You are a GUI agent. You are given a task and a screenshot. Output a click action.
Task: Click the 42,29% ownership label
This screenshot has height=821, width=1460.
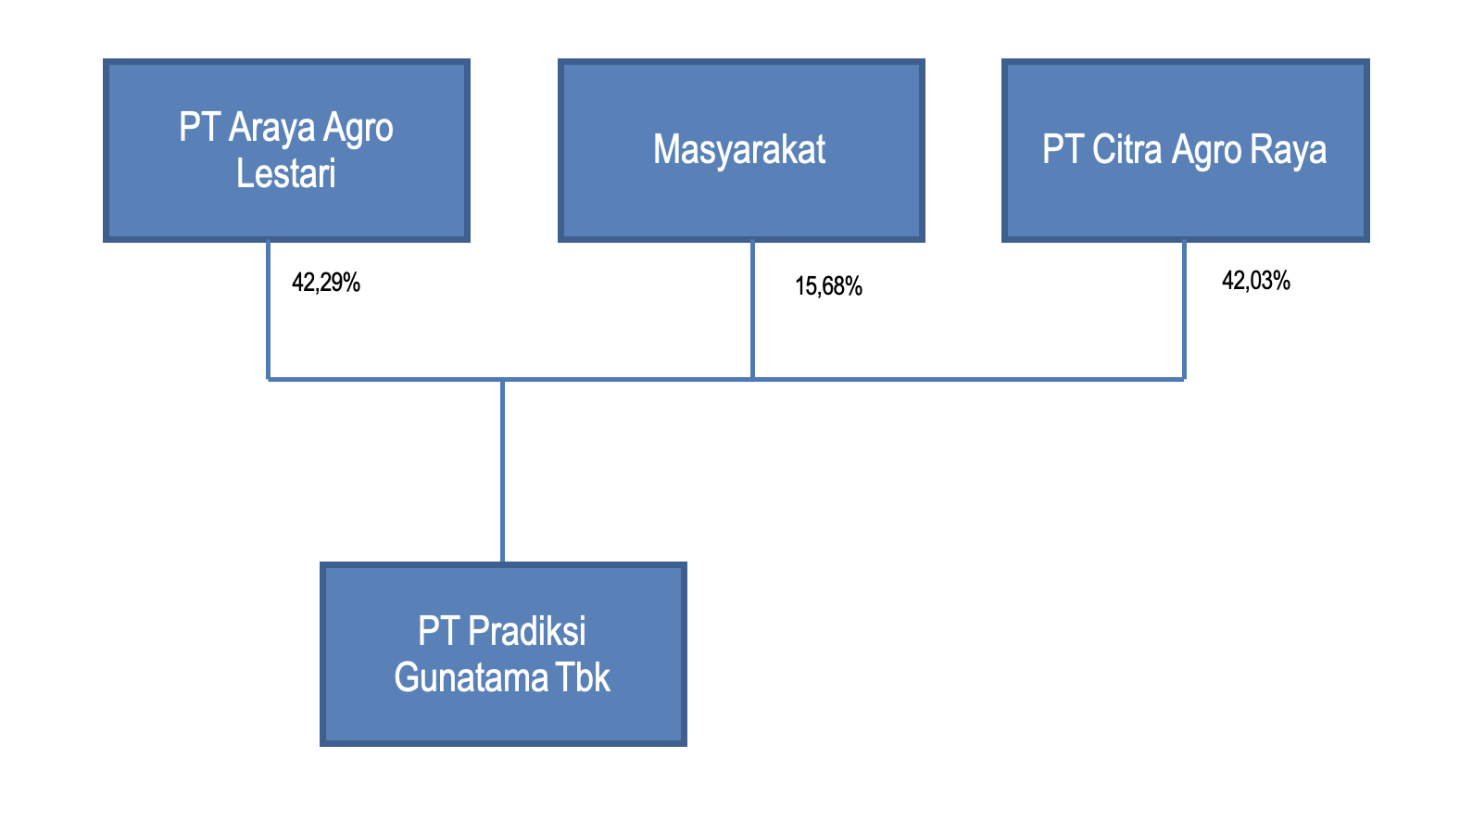click(x=326, y=283)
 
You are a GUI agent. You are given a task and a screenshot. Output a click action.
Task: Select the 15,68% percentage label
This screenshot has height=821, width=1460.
click(x=828, y=286)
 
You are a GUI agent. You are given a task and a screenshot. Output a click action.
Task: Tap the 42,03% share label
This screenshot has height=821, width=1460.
click(x=1256, y=281)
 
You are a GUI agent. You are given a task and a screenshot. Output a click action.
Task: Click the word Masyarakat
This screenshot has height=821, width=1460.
click(x=739, y=149)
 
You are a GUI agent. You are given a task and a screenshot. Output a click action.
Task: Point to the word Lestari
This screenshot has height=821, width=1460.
click(x=285, y=173)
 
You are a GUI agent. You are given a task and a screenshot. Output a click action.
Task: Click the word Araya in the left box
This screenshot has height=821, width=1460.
click(x=271, y=127)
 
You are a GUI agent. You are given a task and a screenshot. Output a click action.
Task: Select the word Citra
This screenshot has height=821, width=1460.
click(x=1126, y=149)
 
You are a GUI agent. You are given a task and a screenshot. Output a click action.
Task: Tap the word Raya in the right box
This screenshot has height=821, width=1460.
click(x=1288, y=151)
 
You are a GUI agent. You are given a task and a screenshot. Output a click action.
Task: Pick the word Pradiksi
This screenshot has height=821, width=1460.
click(x=526, y=631)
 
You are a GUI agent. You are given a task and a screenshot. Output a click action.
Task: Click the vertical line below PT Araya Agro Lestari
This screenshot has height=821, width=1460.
click(x=268, y=310)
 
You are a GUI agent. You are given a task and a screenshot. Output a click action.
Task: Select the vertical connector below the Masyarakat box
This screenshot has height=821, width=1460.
click(x=753, y=310)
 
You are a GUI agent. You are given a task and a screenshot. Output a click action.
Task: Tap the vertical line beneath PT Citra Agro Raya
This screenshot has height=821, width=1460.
click(x=1184, y=310)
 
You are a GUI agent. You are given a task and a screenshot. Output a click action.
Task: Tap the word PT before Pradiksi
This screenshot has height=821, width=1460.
click(x=438, y=631)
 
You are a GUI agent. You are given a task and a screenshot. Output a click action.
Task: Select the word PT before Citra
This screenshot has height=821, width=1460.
click(x=1063, y=149)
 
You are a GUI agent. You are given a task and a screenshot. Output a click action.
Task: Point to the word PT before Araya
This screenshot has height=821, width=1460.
click(x=199, y=127)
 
